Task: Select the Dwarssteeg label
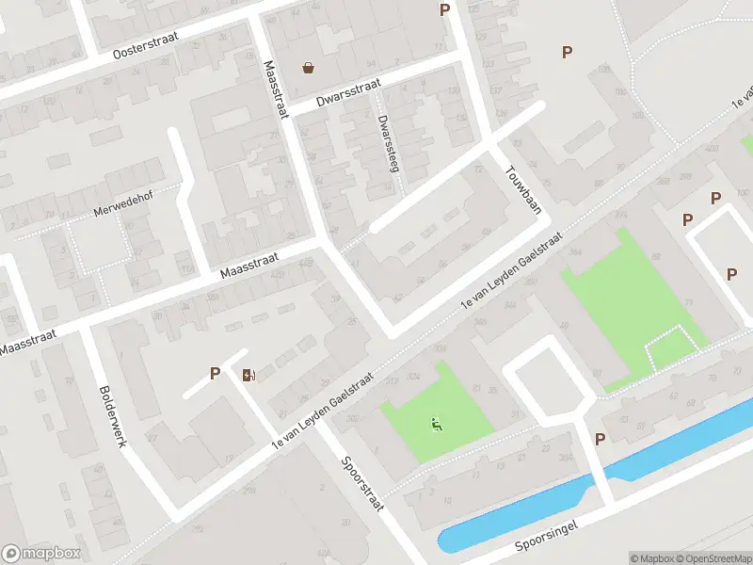tap(386, 142)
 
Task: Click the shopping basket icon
tap(308, 67)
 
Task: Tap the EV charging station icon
tap(248, 375)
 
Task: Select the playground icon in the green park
tap(436, 425)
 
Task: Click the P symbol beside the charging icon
tap(216, 374)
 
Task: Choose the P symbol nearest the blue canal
tap(600, 439)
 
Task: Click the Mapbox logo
tap(41, 554)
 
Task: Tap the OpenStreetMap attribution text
tap(712, 558)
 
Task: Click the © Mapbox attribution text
tap(652, 558)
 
